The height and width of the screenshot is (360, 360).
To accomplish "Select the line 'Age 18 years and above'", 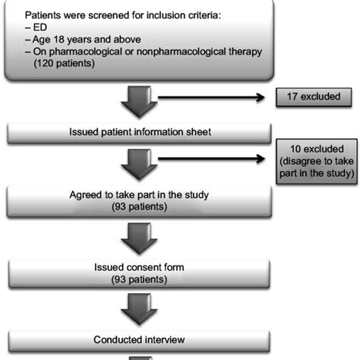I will pos(84,39).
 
